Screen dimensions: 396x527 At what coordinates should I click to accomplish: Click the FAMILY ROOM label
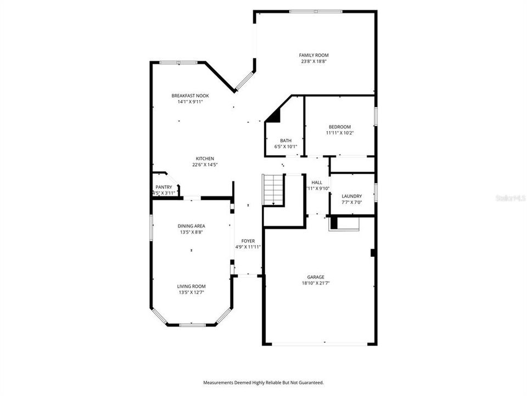point(313,55)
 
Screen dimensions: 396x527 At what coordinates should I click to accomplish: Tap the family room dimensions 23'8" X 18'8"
point(313,62)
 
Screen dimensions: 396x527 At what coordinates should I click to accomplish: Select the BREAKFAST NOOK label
point(190,96)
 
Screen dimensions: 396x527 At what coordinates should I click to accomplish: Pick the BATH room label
point(285,140)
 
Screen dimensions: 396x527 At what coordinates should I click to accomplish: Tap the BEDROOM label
point(340,127)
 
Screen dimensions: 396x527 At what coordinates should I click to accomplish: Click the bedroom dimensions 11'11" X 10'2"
point(340,133)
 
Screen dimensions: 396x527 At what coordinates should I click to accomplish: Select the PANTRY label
point(164,188)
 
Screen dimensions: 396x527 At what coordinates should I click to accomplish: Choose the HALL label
point(317,183)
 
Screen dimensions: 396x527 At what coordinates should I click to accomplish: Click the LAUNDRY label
point(351,196)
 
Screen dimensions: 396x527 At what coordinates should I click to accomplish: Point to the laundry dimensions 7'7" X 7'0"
point(351,202)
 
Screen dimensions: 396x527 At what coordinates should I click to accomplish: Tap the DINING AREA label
point(191,226)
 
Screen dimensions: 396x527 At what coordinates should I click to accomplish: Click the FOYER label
point(248,241)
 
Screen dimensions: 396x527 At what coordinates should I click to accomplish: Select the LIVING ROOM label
point(191,286)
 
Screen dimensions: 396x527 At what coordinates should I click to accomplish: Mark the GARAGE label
point(316,277)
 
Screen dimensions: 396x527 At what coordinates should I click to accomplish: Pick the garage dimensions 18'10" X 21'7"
point(316,283)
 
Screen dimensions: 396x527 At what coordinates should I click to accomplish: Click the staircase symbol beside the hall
point(273,190)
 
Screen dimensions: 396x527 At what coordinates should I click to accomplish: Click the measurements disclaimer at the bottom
point(263,382)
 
